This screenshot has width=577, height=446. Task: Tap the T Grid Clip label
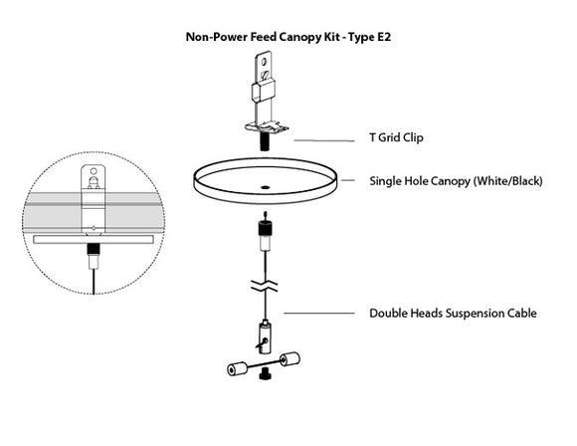click(397, 137)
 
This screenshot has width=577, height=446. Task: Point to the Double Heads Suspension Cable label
click(453, 313)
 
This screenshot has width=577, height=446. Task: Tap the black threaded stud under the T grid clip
click(266, 141)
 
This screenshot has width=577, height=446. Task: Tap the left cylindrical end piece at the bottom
click(237, 368)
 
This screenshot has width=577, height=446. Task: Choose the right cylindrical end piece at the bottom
click(291, 359)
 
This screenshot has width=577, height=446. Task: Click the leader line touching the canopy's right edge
click(349, 181)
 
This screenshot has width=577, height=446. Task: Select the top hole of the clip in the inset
click(92, 180)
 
